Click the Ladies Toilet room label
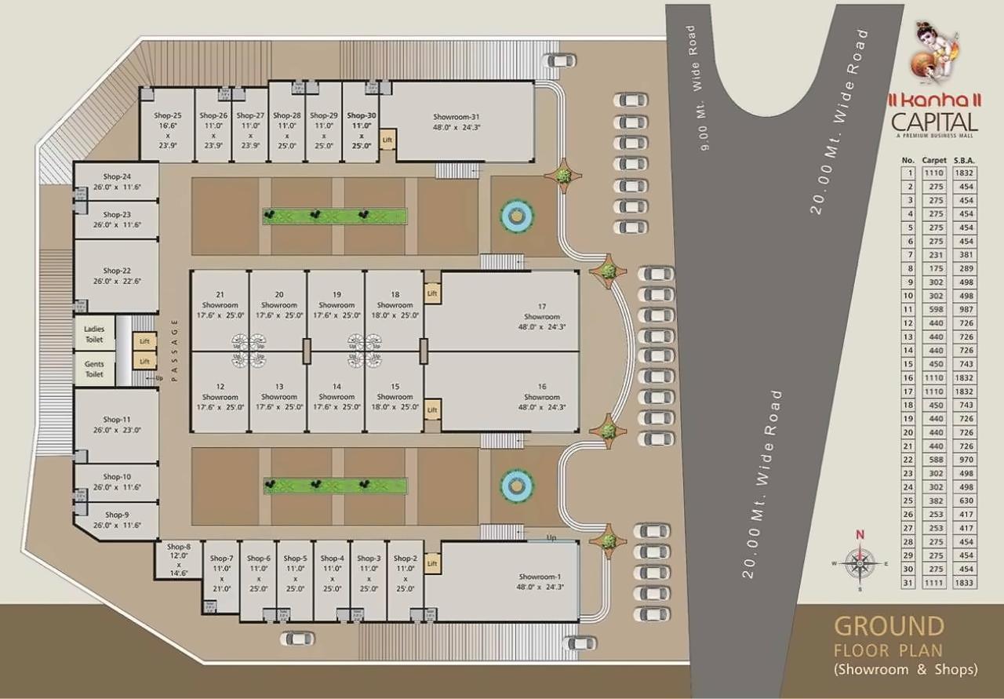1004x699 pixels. tap(94, 334)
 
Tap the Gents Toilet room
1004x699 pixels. tap(94, 370)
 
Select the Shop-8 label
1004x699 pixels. tap(178, 546)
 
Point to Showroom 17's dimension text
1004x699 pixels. tap(541, 326)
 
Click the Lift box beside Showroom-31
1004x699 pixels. tap(387, 140)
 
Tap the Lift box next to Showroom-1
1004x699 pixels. tap(431, 563)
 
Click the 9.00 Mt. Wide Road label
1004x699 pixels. tap(697, 88)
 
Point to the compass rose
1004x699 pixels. tap(860, 562)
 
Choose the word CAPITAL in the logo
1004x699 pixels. tap(935, 122)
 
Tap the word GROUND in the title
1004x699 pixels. tap(889, 626)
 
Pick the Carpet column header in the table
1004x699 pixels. tap(934, 160)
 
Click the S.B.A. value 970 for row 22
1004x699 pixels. tap(964, 459)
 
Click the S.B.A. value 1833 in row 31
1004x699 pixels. tap(964, 583)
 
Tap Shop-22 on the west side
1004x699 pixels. tap(116, 275)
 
